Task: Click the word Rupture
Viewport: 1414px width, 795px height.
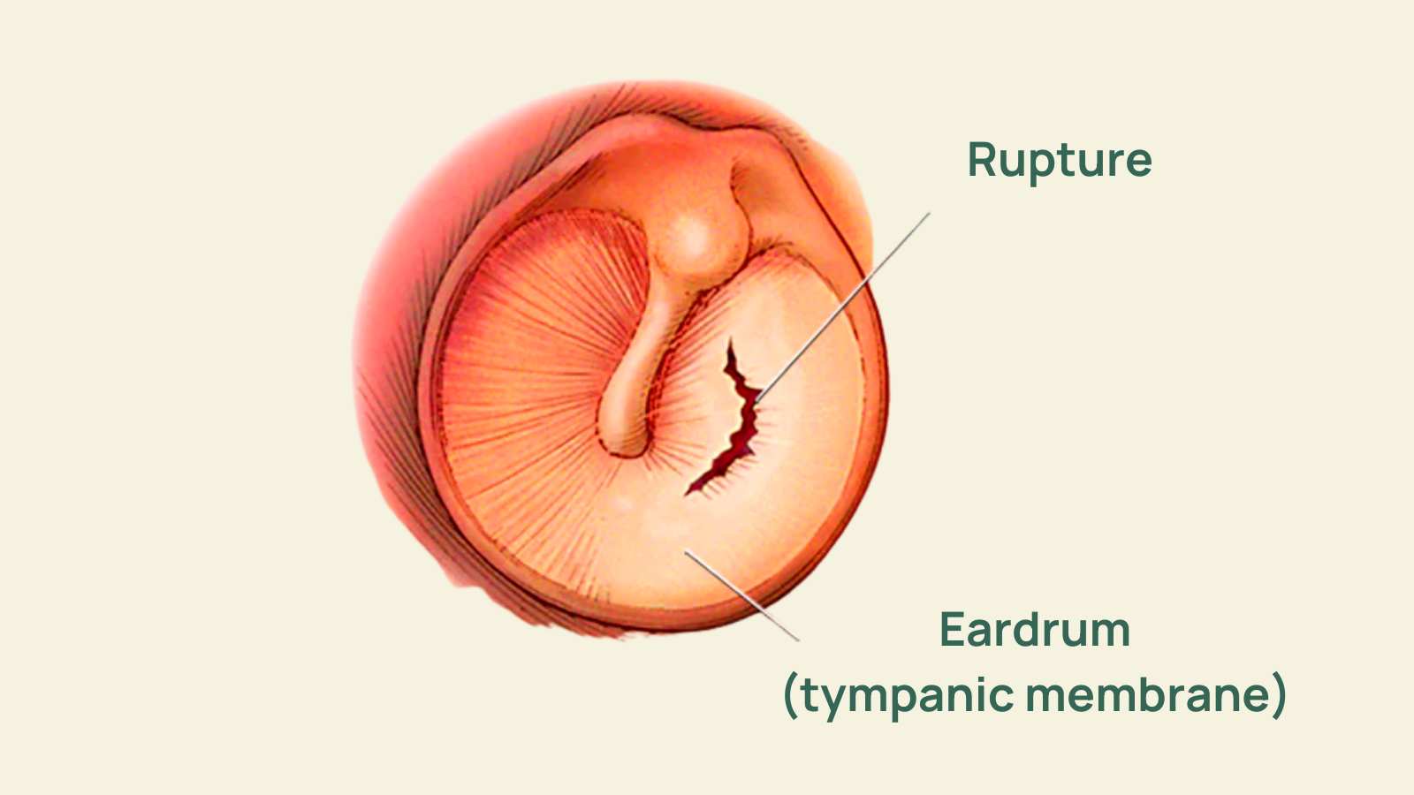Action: pyautogui.click(x=1060, y=162)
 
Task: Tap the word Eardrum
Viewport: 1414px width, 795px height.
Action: pyautogui.click(x=1035, y=629)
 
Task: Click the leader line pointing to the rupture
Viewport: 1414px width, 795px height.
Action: pyautogui.click(x=843, y=307)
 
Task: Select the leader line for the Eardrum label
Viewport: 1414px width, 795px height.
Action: pyautogui.click(x=742, y=595)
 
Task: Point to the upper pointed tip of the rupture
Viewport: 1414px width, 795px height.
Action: pyautogui.click(x=731, y=341)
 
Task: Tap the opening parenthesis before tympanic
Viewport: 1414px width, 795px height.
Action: pyautogui.click(x=790, y=695)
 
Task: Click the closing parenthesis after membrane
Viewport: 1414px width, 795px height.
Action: pyautogui.click(x=1279, y=695)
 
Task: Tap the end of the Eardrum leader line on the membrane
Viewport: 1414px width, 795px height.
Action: pyautogui.click(x=686, y=551)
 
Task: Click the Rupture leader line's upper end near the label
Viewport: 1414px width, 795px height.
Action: pyautogui.click(x=930, y=213)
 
